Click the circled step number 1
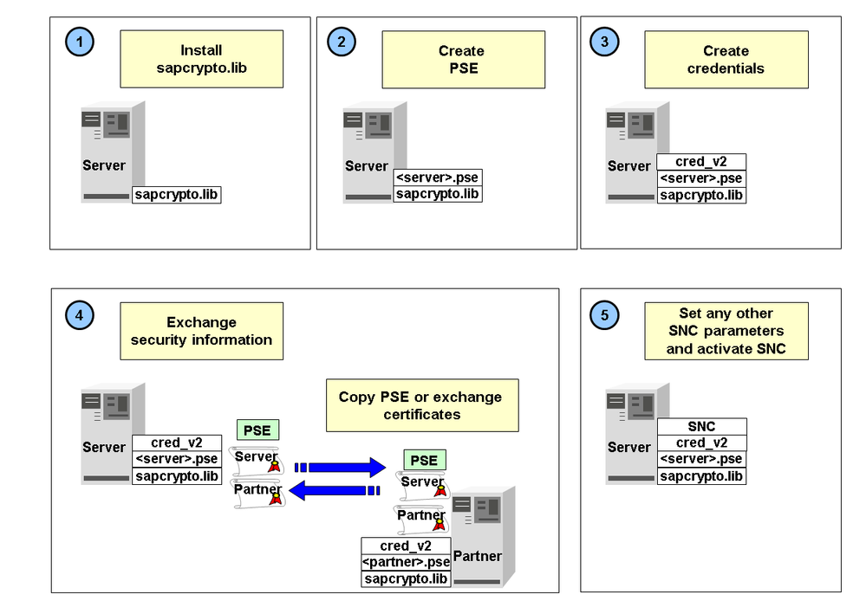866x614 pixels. tap(80, 41)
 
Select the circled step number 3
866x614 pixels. tap(604, 41)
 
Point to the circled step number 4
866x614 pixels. tap(80, 315)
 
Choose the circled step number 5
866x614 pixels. tap(604, 315)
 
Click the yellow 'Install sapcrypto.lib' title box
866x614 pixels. tap(201, 59)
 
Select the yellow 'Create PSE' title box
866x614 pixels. tap(463, 59)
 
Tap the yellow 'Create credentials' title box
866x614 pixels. tap(726, 59)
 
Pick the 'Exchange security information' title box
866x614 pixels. tap(201, 331)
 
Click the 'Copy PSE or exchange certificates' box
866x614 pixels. tap(421, 405)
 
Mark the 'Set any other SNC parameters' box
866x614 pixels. tap(726, 331)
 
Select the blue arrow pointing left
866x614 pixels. tap(334, 491)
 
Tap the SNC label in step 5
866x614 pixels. tap(701, 427)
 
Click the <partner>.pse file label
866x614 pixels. tap(407, 562)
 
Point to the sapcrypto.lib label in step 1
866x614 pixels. tap(177, 194)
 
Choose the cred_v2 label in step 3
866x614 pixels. tap(701, 162)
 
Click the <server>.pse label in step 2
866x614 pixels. tap(438, 178)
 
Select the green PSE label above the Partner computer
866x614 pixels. tap(424, 460)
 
